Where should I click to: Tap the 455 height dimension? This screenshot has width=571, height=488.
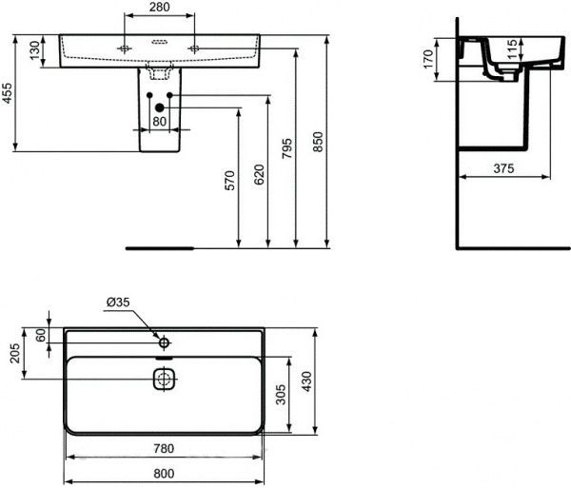pyautogui.click(x=8, y=93)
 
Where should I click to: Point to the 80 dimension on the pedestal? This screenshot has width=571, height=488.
pyautogui.click(x=159, y=121)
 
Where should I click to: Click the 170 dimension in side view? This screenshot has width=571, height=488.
pyautogui.click(x=428, y=58)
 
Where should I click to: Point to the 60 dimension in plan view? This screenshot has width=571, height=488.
pyautogui.click(x=41, y=334)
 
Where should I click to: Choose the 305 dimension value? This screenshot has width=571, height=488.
pyautogui.click(x=280, y=395)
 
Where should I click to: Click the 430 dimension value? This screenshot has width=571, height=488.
pyautogui.click(x=306, y=381)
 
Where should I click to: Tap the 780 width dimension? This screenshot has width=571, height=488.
pyautogui.click(x=163, y=449)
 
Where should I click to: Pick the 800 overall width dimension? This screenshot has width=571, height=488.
pyautogui.click(x=163, y=472)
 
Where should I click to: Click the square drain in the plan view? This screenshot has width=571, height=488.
pyautogui.click(x=165, y=378)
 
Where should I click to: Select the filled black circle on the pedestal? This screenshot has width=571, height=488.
pyautogui.click(x=160, y=107)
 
